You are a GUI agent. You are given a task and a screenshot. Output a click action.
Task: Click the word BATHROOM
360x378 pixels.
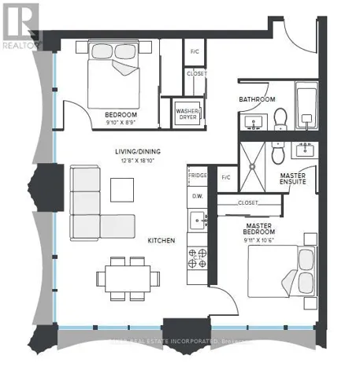coord(258,99)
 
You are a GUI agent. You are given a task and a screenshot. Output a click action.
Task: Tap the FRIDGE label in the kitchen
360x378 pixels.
coord(197,176)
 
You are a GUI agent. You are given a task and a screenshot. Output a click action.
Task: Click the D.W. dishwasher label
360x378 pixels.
coord(197,196)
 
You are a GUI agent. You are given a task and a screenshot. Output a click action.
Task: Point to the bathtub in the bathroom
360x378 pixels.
coord(306,110)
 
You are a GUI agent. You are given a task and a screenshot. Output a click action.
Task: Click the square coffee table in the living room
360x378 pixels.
coord(122,190)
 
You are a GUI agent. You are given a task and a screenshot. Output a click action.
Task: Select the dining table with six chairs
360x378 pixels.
coord(123,277)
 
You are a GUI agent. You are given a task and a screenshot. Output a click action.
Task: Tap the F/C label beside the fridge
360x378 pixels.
coord(225,177)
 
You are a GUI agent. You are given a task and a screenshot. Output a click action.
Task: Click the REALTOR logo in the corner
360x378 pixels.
coord(20,24)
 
